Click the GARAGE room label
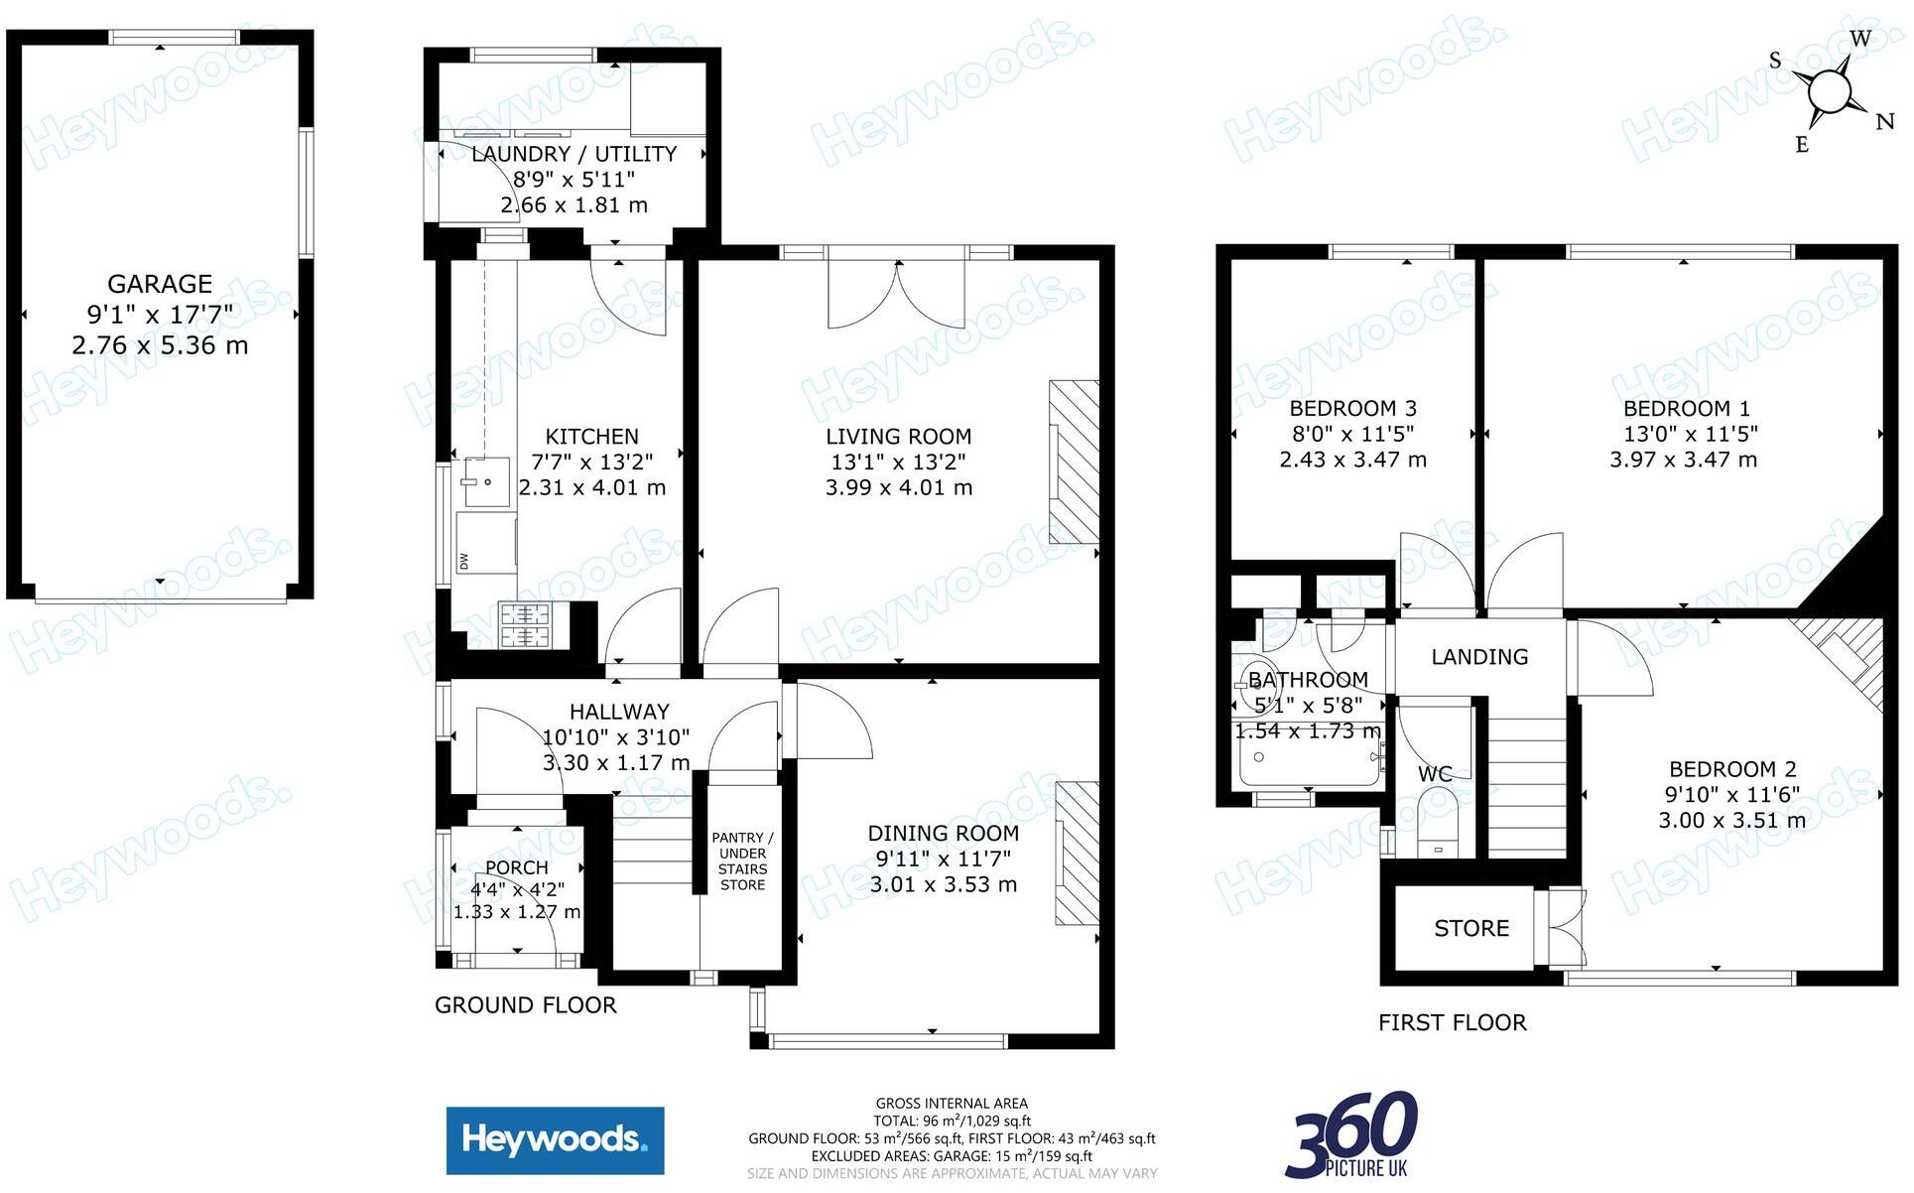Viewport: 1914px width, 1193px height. [160, 285]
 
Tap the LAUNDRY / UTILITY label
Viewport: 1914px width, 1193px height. [574, 154]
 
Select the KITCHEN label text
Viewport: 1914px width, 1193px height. [591, 437]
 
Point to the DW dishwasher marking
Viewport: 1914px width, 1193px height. [463, 561]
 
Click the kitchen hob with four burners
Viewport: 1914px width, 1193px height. [525, 625]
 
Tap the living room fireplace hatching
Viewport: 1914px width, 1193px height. [1075, 462]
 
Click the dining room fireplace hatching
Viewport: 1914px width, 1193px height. [1078, 854]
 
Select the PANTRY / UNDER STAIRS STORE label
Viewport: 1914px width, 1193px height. [742, 862]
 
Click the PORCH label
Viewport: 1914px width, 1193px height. [517, 868]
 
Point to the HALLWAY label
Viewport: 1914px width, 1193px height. [619, 712]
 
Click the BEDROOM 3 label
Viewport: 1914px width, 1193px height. [1352, 408]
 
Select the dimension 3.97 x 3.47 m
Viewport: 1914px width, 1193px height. [1683, 460]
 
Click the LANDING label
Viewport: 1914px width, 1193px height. [1479, 657]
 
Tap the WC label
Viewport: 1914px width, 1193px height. [1435, 774]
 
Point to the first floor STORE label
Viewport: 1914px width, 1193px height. [1471, 929]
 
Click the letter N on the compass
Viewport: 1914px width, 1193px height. [1884, 122]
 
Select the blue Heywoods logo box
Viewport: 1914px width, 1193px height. [555, 1140]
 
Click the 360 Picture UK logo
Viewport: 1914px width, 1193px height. [1352, 1133]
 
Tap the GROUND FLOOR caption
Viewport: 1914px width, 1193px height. [526, 1005]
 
